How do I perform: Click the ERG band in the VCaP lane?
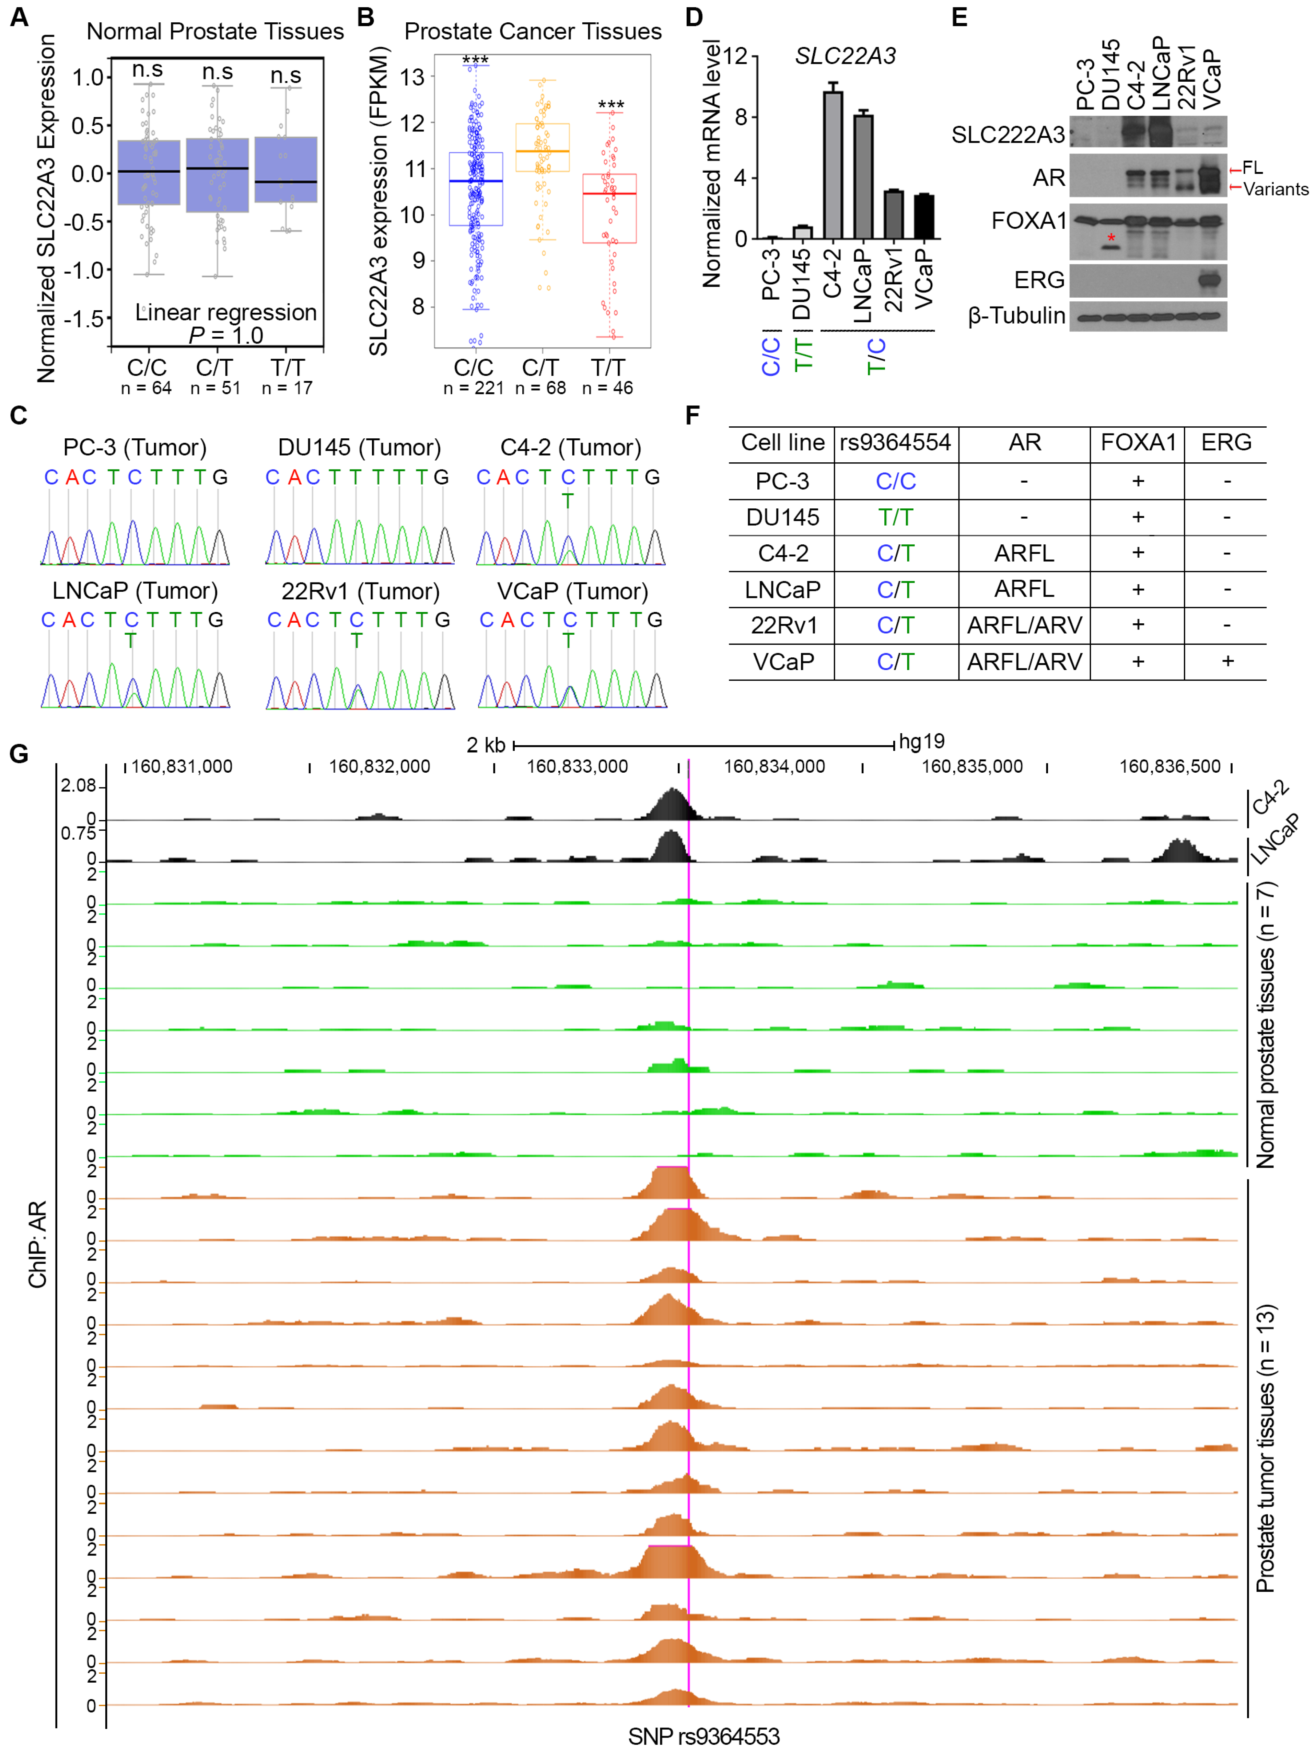[x=1209, y=280]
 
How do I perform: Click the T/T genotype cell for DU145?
[x=896, y=517]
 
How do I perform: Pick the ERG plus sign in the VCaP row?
[x=1227, y=660]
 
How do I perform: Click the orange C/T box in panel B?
[x=542, y=148]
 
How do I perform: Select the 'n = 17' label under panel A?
[x=287, y=388]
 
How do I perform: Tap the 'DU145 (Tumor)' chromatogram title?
[x=359, y=447]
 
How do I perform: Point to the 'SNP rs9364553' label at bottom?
[x=703, y=1736]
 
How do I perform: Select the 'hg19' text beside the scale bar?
[x=921, y=741]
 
